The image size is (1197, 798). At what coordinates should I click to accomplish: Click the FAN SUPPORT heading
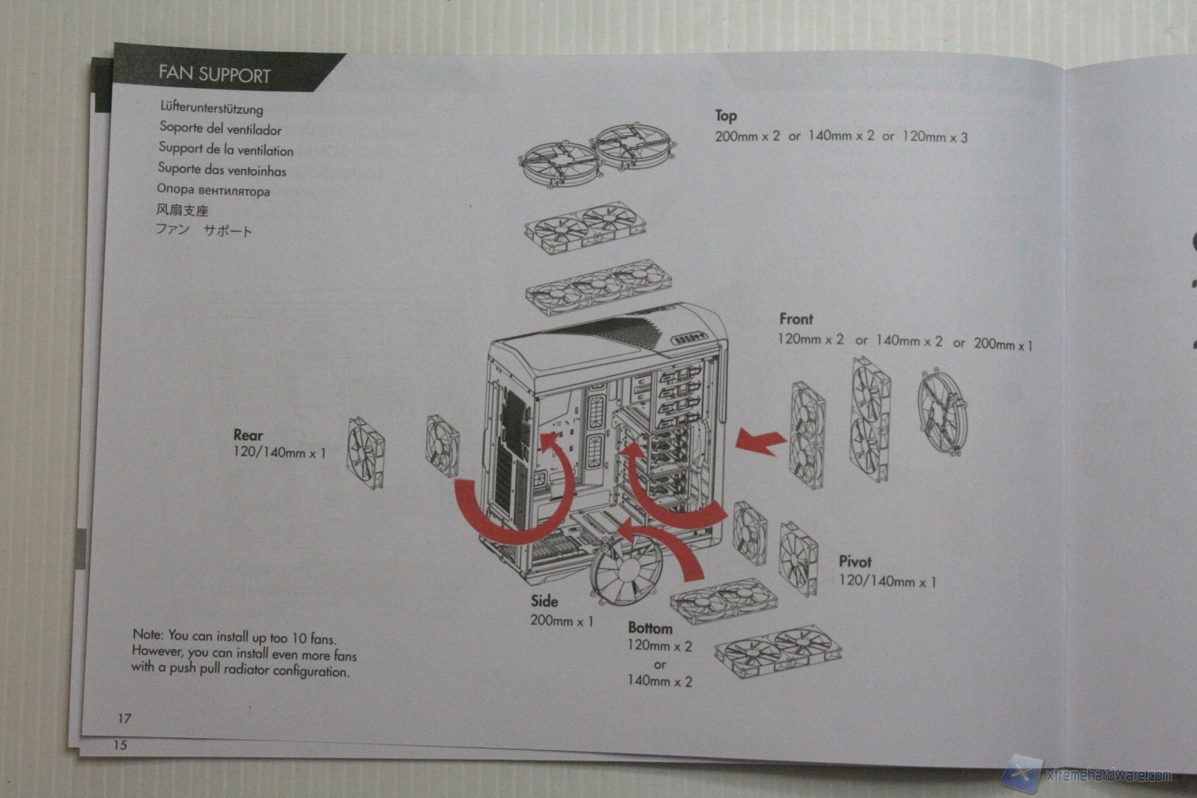pos(214,74)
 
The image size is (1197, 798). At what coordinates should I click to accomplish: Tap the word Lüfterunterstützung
pos(211,108)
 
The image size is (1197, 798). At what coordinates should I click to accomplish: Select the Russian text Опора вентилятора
pos(213,190)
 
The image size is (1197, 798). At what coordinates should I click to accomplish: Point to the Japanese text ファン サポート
pos(204,230)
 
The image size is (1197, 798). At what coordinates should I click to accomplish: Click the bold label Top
pos(726,116)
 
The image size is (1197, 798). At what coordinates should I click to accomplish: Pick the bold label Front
pos(796,319)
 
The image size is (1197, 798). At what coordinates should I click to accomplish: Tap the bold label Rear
pos(248,436)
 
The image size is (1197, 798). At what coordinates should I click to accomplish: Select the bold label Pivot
pos(855,562)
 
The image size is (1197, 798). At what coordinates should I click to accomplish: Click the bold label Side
pos(544,601)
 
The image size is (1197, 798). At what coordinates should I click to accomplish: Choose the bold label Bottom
pos(650,628)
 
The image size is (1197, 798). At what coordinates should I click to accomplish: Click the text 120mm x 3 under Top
pos(934,137)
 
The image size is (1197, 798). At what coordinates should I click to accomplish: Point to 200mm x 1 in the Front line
pos(1002,344)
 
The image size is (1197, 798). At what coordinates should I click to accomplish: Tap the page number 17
pos(124,718)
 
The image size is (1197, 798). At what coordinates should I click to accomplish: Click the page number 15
pos(121,745)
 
